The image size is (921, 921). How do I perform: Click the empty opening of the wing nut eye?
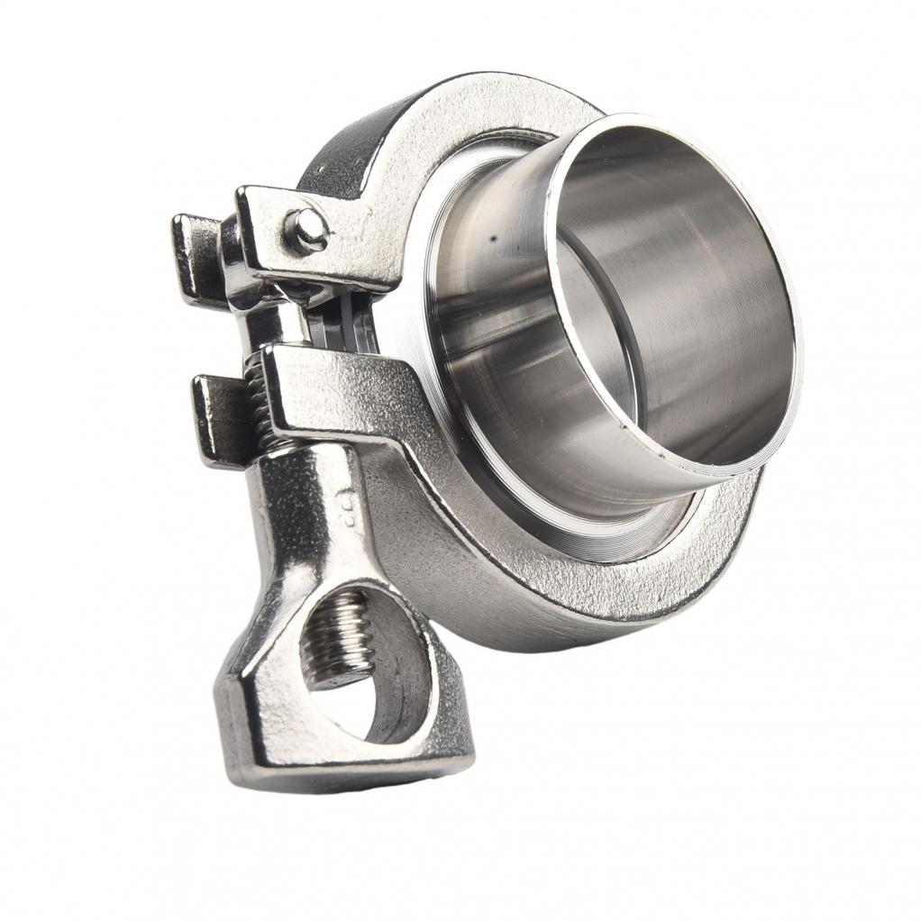378,676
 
